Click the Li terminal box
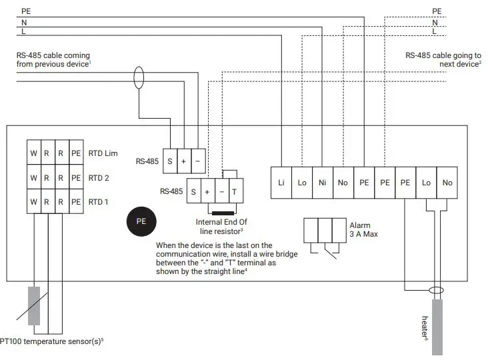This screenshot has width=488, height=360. click(x=281, y=182)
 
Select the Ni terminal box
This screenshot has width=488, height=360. click(x=323, y=182)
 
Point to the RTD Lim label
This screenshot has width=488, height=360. click(x=103, y=153)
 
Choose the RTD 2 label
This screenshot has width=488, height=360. click(x=99, y=178)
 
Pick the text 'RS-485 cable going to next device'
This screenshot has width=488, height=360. click(x=443, y=59)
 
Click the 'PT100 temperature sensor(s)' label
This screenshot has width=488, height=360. click(x=52, y=341)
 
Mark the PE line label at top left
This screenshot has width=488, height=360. click(x=25, y=11)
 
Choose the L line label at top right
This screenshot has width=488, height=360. click(x=435, y=31)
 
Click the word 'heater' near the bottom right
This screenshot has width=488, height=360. click(x=425, y=327)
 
